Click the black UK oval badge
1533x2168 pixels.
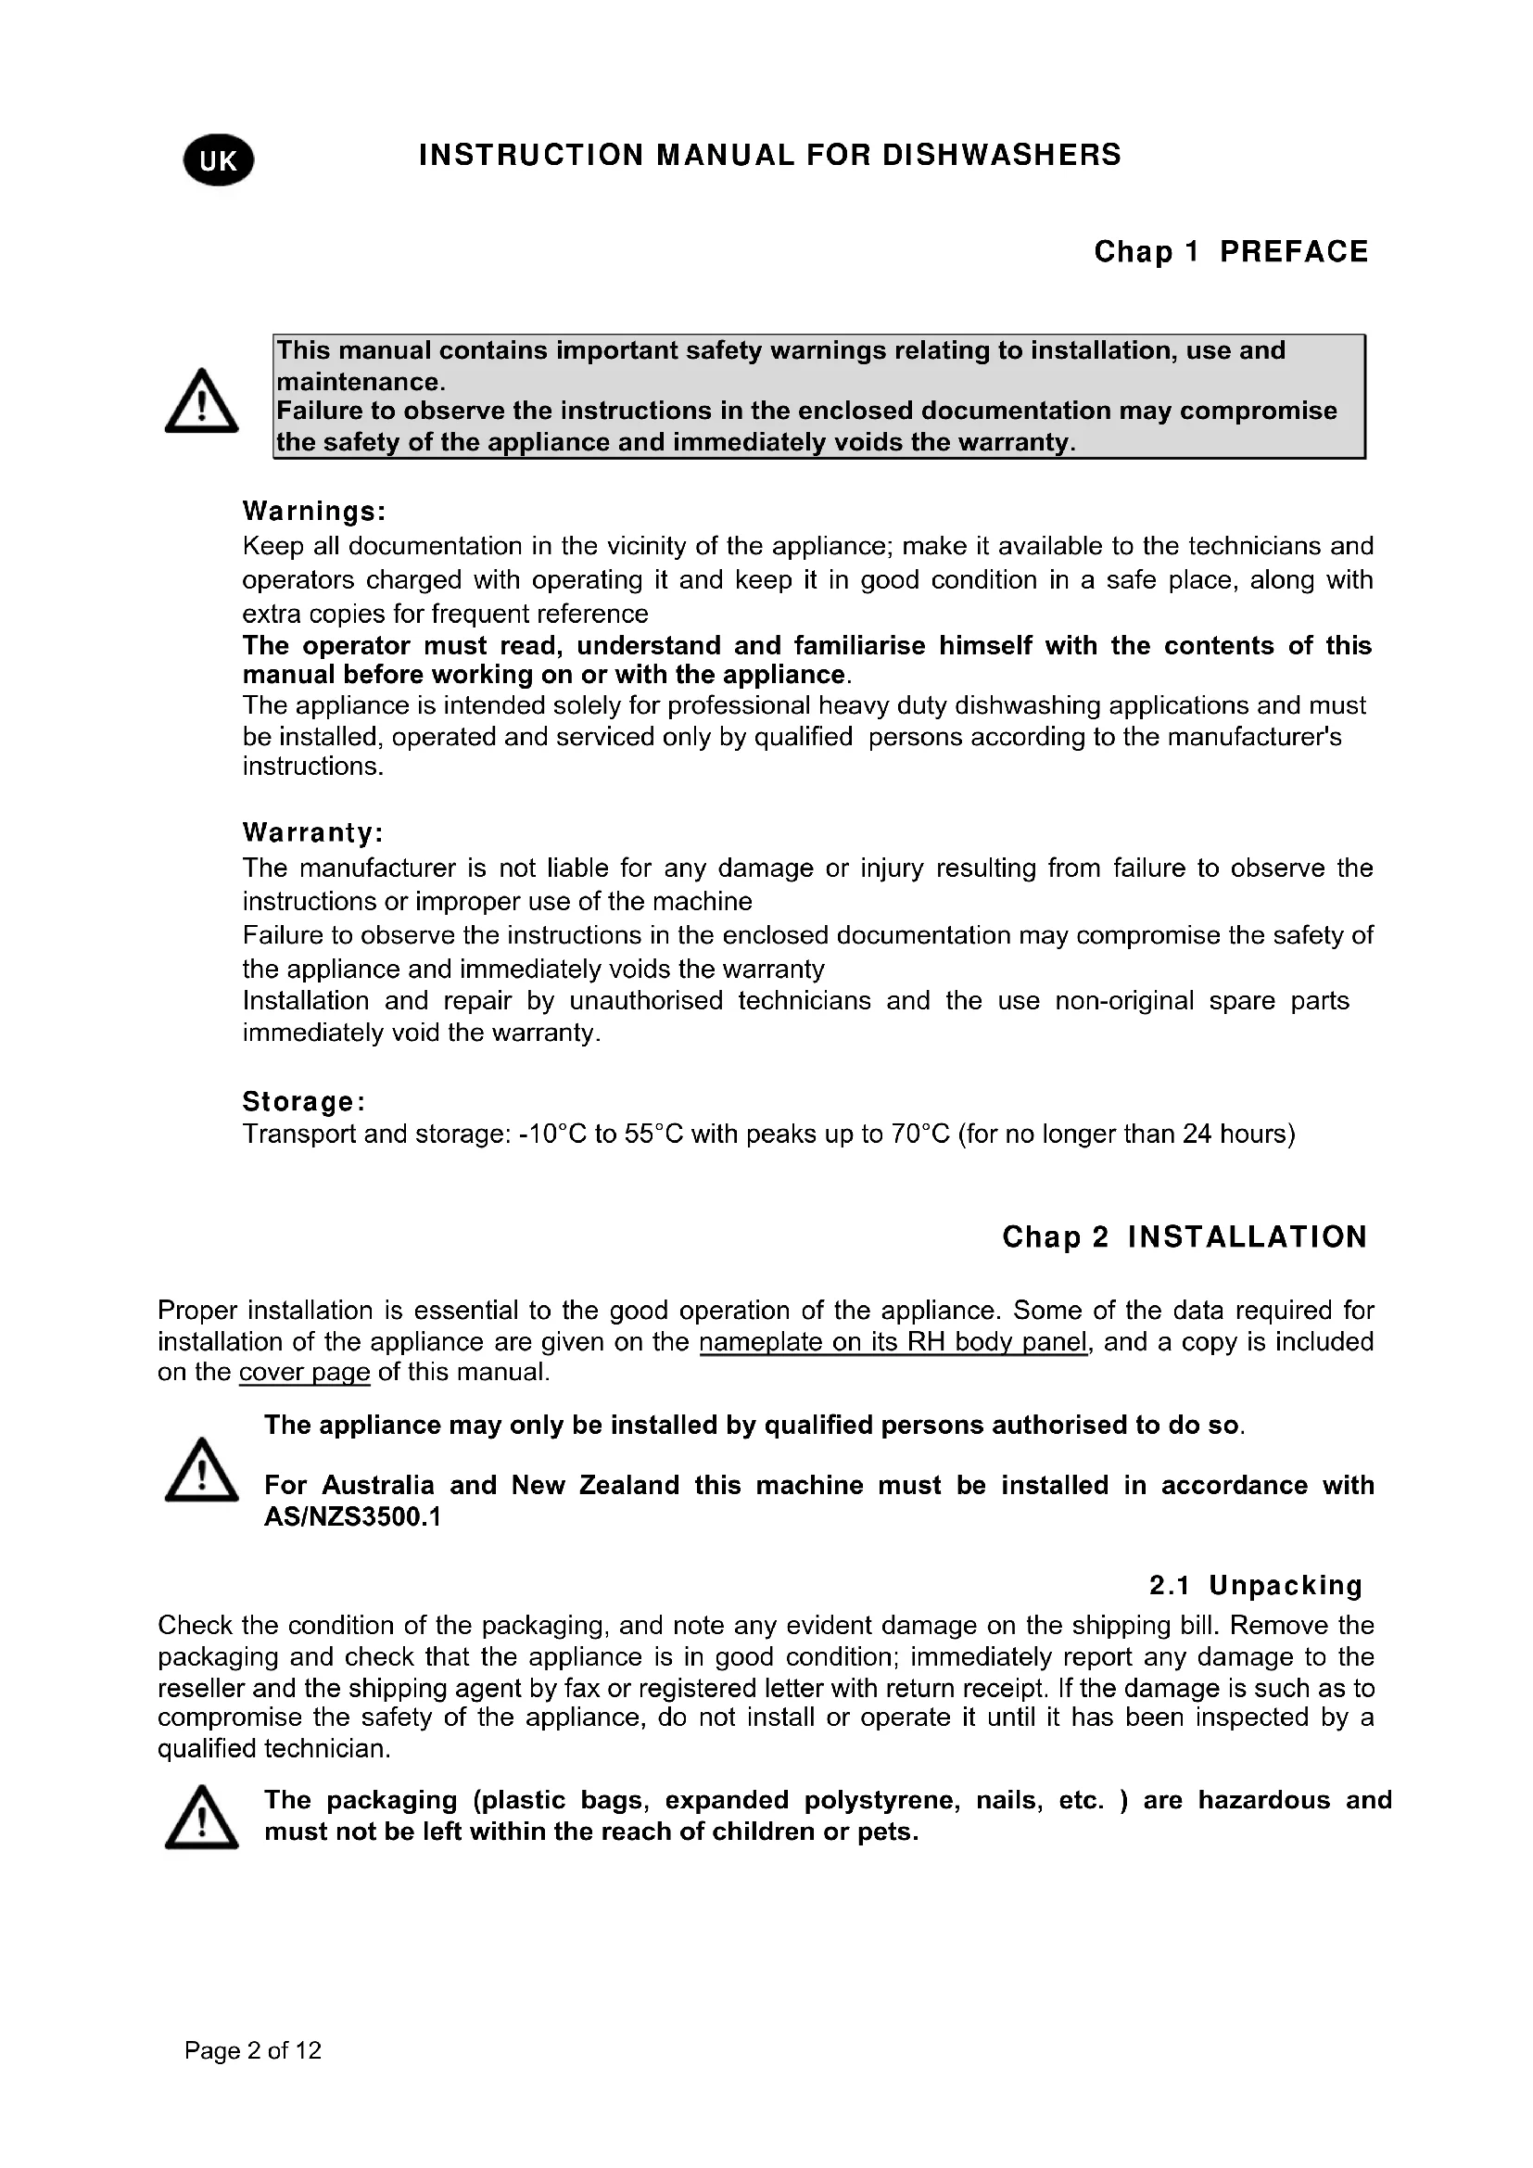click(219, 160)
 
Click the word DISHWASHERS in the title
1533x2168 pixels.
click(1002, 155)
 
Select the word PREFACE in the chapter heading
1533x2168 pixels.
click(1293, 252)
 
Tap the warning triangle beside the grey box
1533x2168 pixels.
click(201, 401)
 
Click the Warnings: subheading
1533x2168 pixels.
click(314, 512)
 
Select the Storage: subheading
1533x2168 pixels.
click(304, 1101)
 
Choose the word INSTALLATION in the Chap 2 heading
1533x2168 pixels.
click(1247, 1237)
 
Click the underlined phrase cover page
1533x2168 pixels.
click(304, 1372)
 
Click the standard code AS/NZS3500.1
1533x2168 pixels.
click(353, 1517)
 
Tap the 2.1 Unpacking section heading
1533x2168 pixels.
click(1256, 1585)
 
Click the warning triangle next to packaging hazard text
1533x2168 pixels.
click(201, 1818)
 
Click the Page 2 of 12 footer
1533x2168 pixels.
click(253, 2051)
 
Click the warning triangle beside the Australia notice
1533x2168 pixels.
click(201, 1470)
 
